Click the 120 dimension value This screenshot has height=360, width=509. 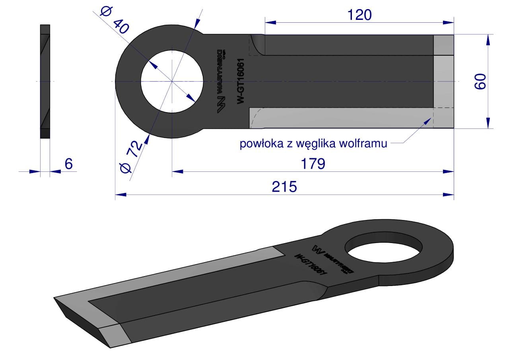click(359, 15)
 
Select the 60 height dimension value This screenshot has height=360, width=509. click(480, 82)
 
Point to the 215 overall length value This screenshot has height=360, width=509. click(284, 187)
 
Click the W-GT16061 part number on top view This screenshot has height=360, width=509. click(241, 81)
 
